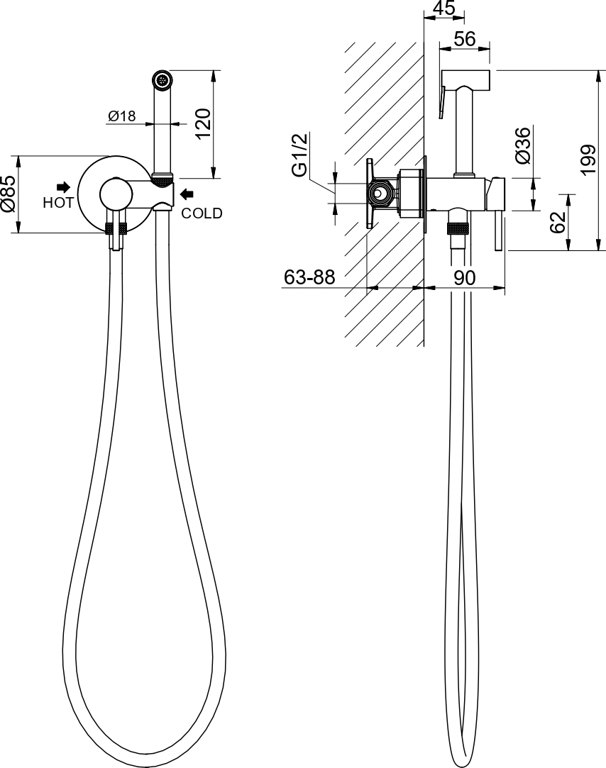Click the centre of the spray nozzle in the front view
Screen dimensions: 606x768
point(162,79)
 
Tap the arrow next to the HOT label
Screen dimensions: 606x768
point(64,187)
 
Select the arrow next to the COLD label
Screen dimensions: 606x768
point(187,195)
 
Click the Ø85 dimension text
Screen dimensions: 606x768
point(10,194)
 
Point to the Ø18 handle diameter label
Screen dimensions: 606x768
point(121,116)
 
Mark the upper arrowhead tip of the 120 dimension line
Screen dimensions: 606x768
point(214,71)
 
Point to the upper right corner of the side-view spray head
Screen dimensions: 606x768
point(490,70)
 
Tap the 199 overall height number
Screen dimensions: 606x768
point(588,159)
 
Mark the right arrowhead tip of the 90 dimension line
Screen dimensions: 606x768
point(505,287)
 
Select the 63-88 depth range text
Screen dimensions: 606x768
point(309,277)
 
